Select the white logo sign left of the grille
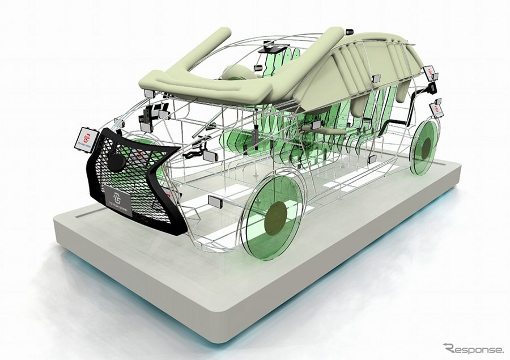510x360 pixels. tap(85, 137)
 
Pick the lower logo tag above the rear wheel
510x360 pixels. tap(436, 107)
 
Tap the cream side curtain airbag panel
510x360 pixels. tap(363, 68)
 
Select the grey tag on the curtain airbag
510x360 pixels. tap(375, 79)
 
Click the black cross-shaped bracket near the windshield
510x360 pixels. tap(153, 113)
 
